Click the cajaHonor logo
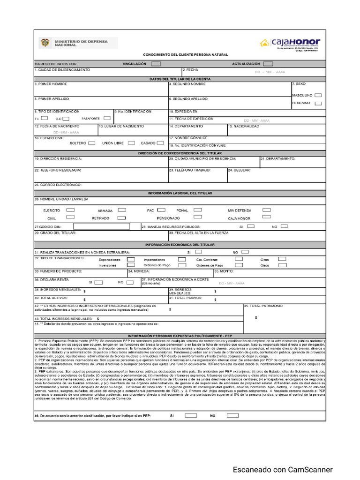(x=290, y=43)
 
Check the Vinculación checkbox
(x=156, y=63)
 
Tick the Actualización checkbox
(x=268, y=63)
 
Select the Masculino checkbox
(x=318, y=95)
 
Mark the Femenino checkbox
(x=318, y=103)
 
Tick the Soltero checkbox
(x=92, y=143)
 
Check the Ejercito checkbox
(x=71, y=210)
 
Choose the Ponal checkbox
(x=198, y=210)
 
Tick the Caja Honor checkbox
(x=267, y=217)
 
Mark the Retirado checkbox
(x=121, y=218)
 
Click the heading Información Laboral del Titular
(x=180, y=193)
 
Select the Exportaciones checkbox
(x=131, y=259)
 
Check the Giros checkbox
(x=282, y=259)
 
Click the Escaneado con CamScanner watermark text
(x=284, y=470)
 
